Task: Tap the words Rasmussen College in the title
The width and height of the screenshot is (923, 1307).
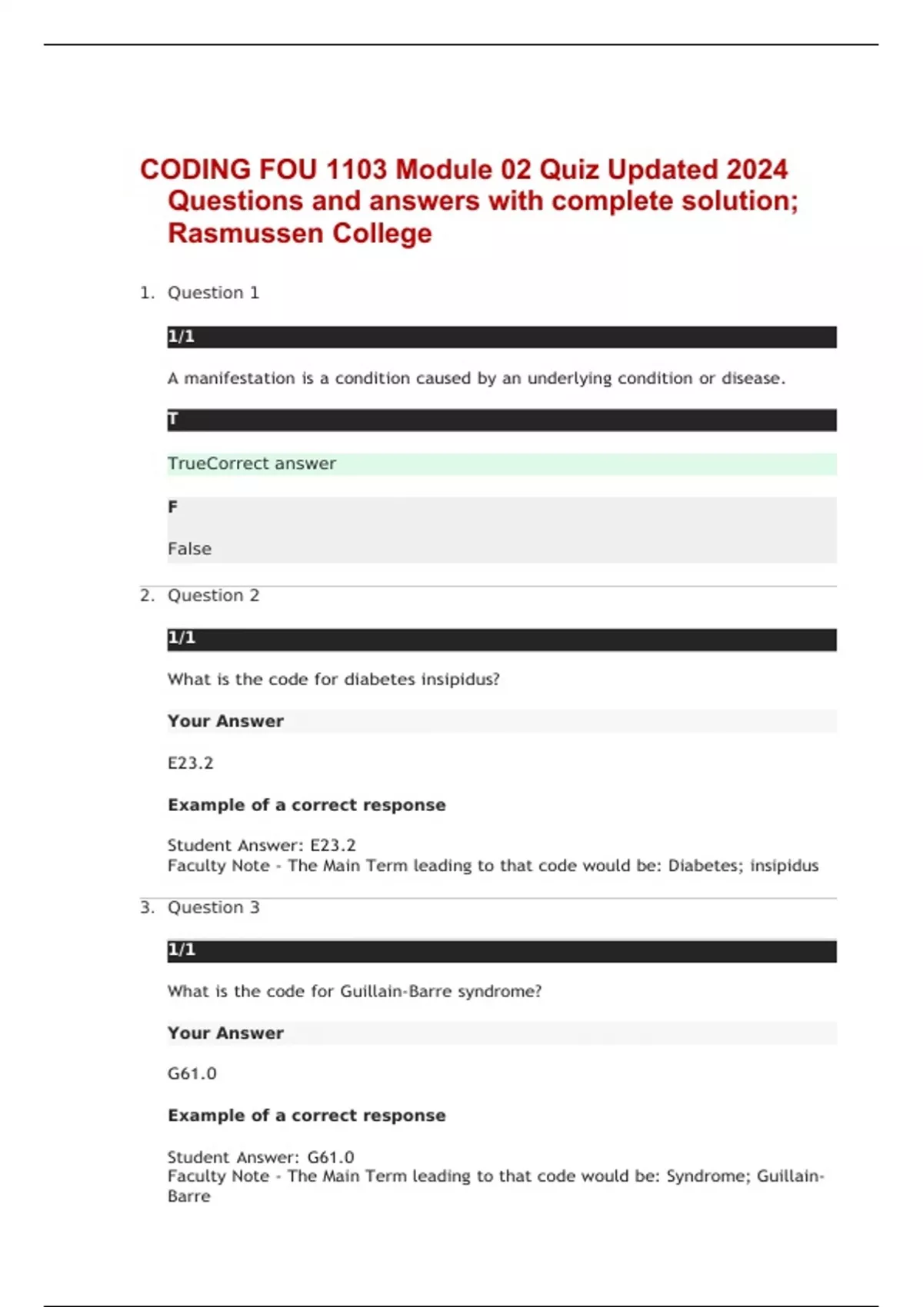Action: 300,233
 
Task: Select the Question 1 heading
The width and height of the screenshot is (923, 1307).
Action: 213,293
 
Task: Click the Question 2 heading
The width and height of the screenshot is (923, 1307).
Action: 213,596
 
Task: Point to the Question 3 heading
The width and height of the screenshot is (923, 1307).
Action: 213,907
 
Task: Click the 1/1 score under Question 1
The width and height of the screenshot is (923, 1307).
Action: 182,337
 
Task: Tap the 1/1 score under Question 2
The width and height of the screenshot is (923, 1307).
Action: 182,638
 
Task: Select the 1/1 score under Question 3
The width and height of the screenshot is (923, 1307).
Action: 182,950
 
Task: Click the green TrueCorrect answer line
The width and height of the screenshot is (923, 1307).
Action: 252,464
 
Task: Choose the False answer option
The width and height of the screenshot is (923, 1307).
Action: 189,549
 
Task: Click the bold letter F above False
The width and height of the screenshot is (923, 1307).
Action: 172,507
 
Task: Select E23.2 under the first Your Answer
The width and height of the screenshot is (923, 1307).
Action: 190,763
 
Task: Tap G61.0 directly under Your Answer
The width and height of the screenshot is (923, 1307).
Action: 192,1073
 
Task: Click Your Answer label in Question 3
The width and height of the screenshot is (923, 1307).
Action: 225,1033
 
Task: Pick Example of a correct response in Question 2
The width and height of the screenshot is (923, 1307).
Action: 306,805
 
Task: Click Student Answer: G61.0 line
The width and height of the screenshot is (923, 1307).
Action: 261,1157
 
